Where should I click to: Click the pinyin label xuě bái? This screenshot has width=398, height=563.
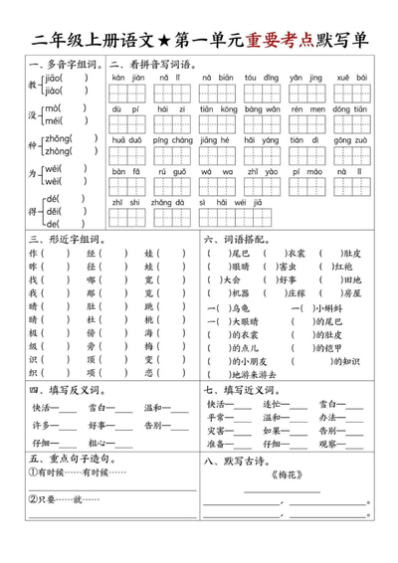click(x=350, y=77)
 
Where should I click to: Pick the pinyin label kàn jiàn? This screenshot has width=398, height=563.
click(x=124, y=77)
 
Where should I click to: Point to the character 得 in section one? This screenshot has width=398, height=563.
click(x=33, y=212)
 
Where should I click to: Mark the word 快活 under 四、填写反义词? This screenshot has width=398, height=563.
click(x=42, y=407)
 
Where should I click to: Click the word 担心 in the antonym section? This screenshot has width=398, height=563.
click(x=100, y=443)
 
